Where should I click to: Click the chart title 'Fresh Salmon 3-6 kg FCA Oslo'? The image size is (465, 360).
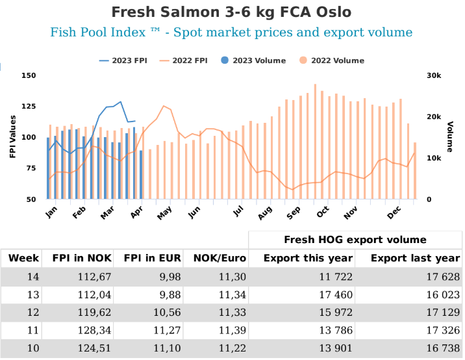[x=232, y=12]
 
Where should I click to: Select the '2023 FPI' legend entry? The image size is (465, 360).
[x=123, y=60]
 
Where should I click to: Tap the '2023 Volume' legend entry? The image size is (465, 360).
[x=253, y=60]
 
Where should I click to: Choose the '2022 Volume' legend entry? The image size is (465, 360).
[x=331, y=60]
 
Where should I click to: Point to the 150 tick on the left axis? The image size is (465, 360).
[x=27, y=75]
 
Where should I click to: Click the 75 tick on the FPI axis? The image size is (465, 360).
[x=30, y=168]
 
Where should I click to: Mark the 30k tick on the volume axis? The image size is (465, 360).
[x=434, y=75]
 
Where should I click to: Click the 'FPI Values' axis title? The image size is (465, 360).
[x=12, y=138]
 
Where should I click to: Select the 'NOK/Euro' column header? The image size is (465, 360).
[x=216, y=258]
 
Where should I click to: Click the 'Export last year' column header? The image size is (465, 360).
[x=415, y=258]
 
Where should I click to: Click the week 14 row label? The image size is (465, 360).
[x=32, y=277]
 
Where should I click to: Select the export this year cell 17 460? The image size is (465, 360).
[x=334, y=294]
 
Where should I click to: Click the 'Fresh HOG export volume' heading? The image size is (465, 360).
[x=355, y=240]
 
